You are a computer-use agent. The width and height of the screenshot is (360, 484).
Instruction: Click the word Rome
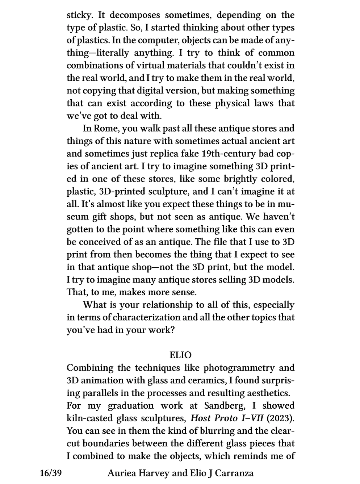click(x=105, y=129)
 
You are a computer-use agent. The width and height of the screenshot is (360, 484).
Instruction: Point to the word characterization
click(x=144, y=318)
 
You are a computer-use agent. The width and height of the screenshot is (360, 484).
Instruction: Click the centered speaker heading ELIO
click(x=180, y=355)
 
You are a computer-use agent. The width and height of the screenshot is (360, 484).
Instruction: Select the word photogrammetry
click(x=238, y=368)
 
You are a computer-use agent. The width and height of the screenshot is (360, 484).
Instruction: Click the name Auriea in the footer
click(x=121, y=473)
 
